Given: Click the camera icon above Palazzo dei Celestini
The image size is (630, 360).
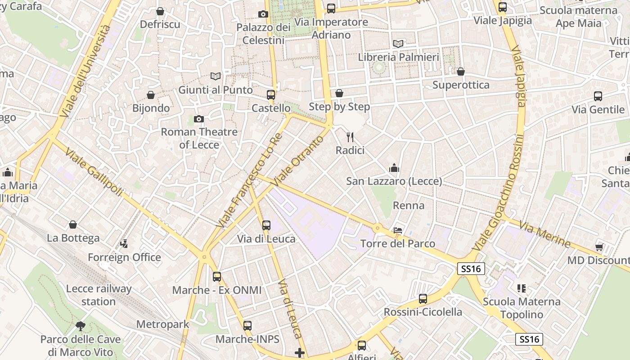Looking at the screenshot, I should click(263, 14).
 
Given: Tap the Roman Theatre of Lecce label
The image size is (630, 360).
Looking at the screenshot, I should click(199, 138).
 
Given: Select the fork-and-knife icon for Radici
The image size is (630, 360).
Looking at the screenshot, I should click(350, 137).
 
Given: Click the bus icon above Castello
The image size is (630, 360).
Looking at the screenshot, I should click(270, 95).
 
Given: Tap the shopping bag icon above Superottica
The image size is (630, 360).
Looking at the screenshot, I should click(460, 72).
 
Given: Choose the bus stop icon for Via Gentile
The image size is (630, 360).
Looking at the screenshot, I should click(598, 96).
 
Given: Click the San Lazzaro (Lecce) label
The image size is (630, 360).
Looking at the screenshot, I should click(394, 181).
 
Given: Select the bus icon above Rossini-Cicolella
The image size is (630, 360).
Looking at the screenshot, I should click(423, 299).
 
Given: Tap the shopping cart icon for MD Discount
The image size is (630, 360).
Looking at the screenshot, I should click(599, 247).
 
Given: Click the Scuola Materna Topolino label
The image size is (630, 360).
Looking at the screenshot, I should click(522, 308).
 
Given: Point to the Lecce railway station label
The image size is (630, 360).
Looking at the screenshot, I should click(99, 295).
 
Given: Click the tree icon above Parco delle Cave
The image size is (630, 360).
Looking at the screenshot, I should click(81, 326).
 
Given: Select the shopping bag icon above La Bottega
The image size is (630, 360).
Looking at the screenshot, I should click(73, 225).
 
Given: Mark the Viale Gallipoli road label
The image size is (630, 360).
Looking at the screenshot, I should click(94, 172).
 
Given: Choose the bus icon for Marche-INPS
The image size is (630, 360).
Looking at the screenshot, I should click(247, 326).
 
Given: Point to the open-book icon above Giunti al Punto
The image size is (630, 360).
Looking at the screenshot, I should click(216, 76).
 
